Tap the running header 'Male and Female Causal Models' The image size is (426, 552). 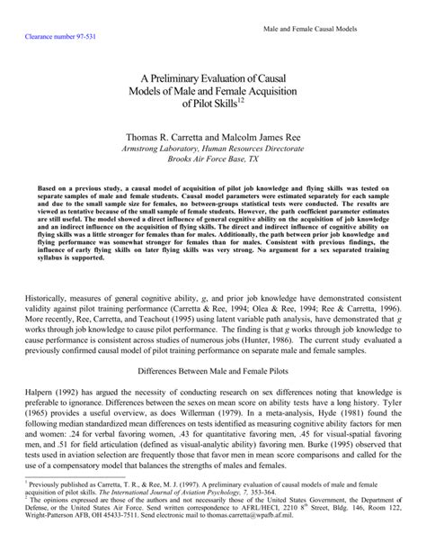click(311, 30)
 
